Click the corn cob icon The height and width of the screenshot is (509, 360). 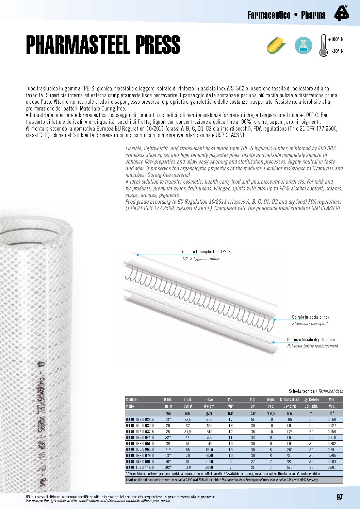pyautogui.click(x=276, y=45)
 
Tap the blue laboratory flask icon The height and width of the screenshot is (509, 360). pyautogui.click(x=303, y=45)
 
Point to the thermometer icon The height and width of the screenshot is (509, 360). pyautogui.click(x=323, y=46)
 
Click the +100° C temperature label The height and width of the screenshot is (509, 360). pyautogui.click(x=335, y=39)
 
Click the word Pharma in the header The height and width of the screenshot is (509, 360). pyautogui.click(x=313, y=15)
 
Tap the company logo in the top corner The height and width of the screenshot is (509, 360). pyautogui.click(x=341, y=13)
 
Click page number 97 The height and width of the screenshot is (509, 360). pyautogui.click(x=340, y=497)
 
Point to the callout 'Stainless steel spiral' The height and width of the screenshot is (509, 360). pyautogui.click(x=310, y=324)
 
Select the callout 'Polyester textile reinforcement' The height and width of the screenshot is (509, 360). pyautogui.click(x=312, y=346)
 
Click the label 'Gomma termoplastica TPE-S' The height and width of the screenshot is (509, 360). pyautogui.click(x=206, y=252)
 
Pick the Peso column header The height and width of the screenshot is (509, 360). pyautogui.click(x=209, y=400)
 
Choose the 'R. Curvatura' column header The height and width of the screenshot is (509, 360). pyautogui.click(x=290, y=400)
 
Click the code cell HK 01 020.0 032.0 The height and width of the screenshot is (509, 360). pyautogui.click(x=140, y=426)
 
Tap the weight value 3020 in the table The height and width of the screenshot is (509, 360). pyautogui.click(x=209, y=468)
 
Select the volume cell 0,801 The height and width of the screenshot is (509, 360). pyautogui.click(x=332, y=468)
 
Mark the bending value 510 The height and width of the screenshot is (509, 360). pyautogui.click(x=290, y=468)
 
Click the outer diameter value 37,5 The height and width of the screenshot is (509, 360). pyautogui.click(x=187, y=432)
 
